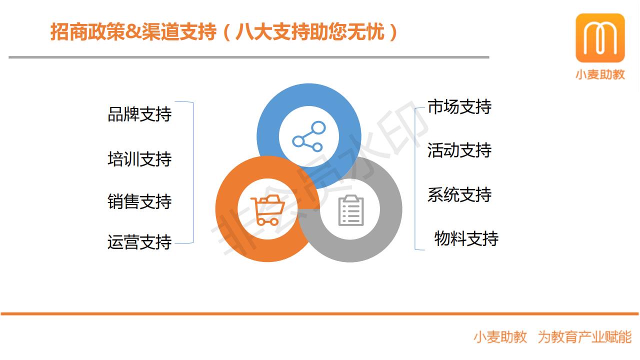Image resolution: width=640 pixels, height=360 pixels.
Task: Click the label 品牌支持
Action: click(139, 114)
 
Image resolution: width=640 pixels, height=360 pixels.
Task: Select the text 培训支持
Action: click(139, 159)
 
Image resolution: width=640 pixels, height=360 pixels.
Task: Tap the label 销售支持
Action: click(139, 201)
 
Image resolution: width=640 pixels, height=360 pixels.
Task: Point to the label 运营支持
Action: click(139, 242)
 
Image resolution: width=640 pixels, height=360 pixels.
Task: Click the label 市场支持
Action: click(459, 107)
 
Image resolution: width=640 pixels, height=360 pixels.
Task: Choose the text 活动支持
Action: click(459, 150)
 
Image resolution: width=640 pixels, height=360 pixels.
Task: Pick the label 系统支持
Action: click(459, 195)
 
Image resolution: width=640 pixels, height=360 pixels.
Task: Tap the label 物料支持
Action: click(466, 238)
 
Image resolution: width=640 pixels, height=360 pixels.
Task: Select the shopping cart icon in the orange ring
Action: click(267, 210)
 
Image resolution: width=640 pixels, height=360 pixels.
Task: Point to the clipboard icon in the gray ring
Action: click(351, 210)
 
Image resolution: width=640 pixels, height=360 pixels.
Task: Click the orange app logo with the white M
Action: click(600, 37)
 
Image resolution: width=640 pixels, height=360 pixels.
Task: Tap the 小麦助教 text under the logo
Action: click(600, 74)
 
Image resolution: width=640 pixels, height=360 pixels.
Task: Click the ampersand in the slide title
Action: click(132, 31)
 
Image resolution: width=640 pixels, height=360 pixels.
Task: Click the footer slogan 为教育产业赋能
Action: click(584, 337)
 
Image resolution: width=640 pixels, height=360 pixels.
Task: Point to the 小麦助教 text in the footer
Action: click(500, 337)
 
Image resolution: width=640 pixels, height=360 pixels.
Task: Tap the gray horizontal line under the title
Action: click(249, 57)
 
